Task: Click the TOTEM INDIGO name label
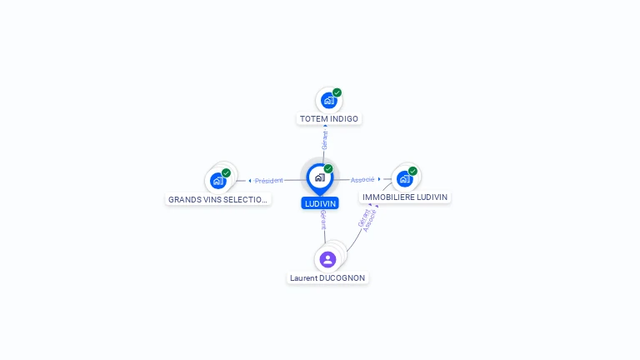329,119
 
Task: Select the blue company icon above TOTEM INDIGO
328,101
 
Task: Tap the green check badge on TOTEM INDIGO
337,92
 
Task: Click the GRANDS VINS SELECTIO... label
218,199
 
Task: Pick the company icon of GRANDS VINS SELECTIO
218,180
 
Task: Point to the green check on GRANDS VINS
226,173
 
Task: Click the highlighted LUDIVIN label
320,203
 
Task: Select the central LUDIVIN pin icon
319,177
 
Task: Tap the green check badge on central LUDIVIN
328,169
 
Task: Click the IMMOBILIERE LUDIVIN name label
405,197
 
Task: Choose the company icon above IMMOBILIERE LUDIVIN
404,178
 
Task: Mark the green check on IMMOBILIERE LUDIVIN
412,171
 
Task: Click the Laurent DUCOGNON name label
327,277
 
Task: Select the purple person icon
327,259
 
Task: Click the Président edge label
269,181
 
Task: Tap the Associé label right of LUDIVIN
362,180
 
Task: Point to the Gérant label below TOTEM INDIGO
325,140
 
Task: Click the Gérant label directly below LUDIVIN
323,220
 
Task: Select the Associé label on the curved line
371,221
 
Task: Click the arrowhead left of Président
250,181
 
